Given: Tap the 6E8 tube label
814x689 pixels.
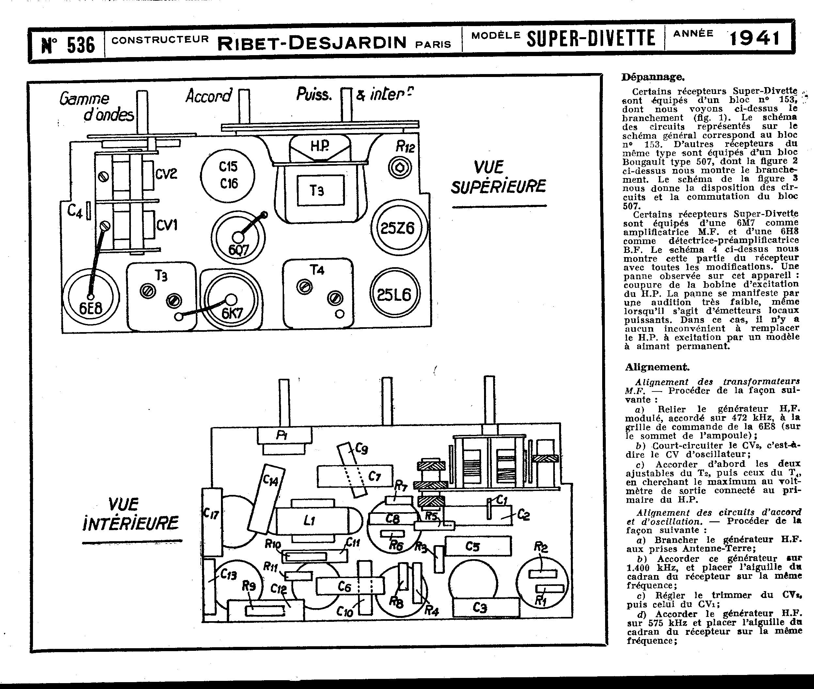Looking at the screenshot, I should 91,309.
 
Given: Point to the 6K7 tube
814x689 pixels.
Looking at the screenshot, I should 231,301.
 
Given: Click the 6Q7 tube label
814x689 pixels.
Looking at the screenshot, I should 238,250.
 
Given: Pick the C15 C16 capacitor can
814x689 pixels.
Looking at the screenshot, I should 227,175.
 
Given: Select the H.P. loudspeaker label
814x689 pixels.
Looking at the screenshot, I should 320,146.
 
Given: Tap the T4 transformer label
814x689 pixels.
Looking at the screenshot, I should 317,270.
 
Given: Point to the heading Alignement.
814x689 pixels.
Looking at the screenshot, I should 657,367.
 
